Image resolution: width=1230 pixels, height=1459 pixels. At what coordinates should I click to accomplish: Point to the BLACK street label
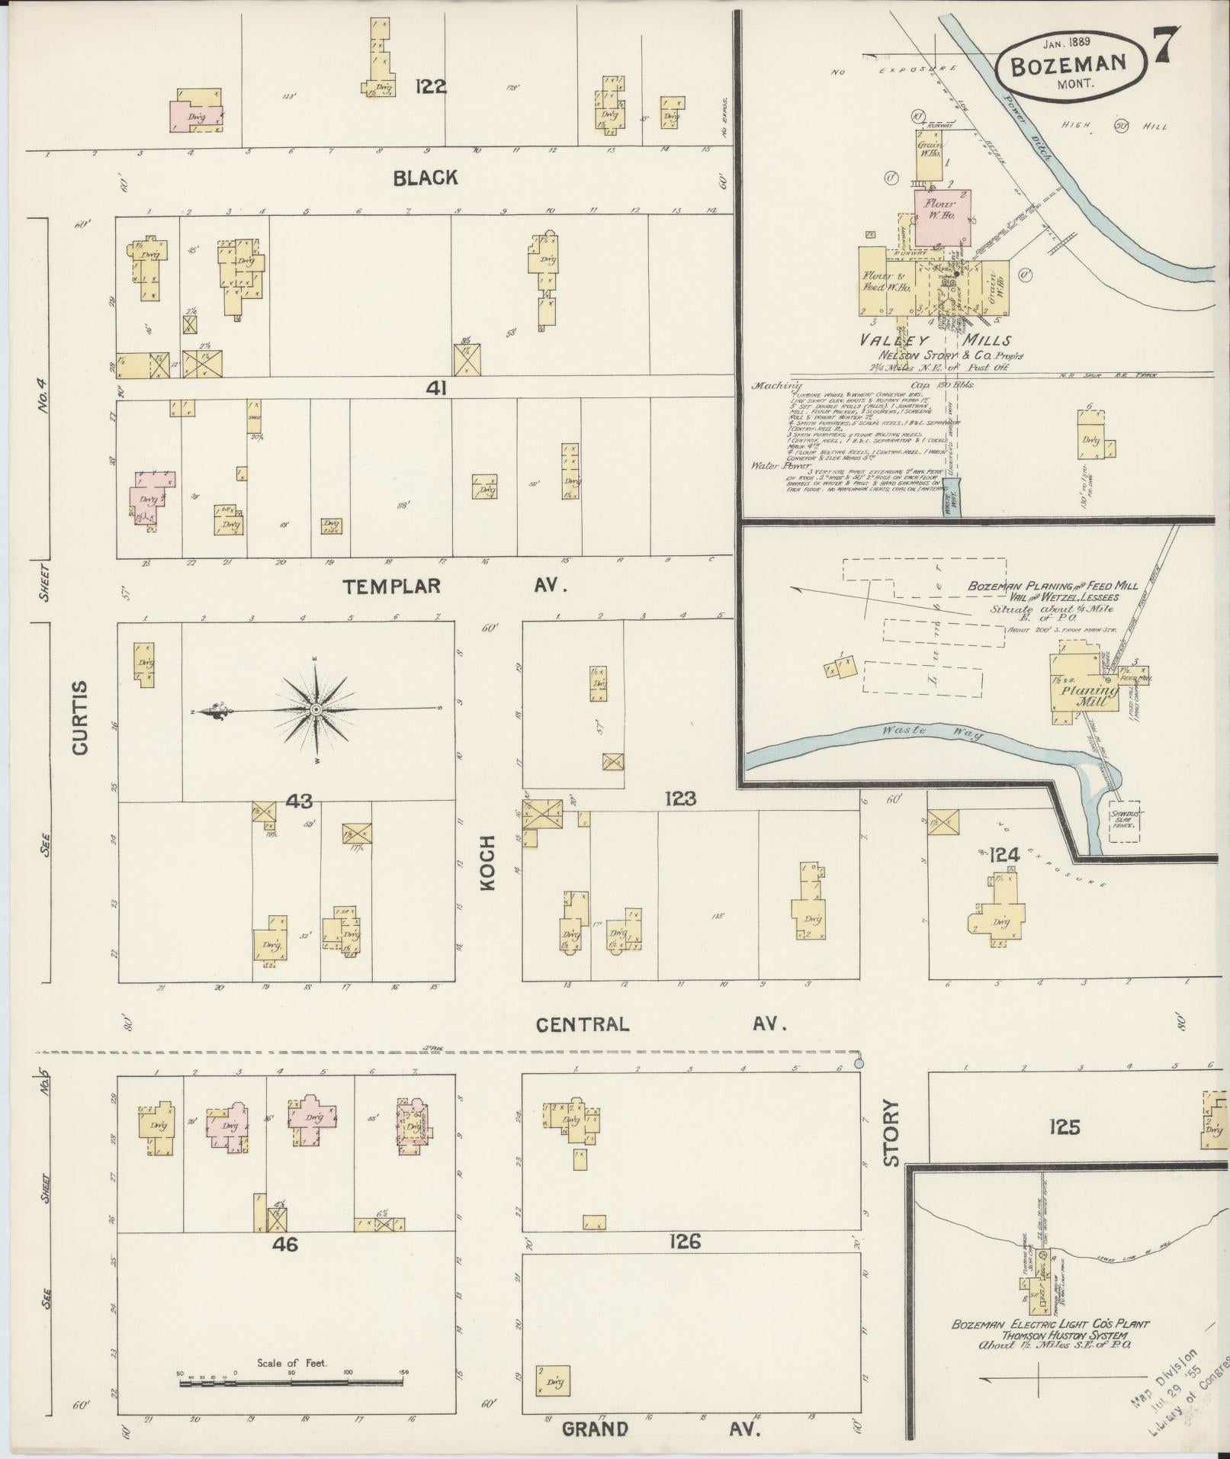point(426,178)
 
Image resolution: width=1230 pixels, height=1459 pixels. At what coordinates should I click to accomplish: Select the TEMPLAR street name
point(392,586)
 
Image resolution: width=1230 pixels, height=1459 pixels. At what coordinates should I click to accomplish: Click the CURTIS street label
point(81,718)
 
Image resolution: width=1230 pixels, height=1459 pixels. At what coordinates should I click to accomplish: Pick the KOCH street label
point(488,863)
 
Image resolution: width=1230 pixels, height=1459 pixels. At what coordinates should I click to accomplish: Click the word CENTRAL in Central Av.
point(583,1024)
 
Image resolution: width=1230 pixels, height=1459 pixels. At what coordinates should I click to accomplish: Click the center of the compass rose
point(316,710)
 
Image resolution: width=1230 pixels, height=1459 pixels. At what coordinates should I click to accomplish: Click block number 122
point(431,86)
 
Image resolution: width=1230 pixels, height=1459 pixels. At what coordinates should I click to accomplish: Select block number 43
point(299,801)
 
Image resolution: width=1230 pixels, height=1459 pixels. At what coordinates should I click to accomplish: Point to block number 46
point(284,1245)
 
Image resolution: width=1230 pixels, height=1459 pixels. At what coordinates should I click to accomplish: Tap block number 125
point(1064,1126)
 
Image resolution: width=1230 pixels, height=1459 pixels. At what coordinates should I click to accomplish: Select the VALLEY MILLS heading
point(936,340)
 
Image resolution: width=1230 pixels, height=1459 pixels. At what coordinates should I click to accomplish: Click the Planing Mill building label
point(1086,694)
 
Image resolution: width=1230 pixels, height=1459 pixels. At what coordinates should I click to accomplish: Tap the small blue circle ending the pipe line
point(859,1062)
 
